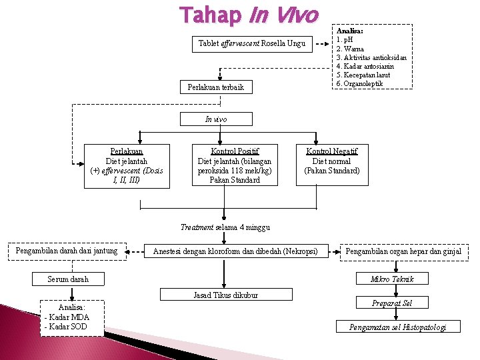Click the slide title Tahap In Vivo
[x=249, y=15]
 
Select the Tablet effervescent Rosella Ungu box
[x=252, y=44]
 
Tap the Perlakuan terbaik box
[x=216, y=87]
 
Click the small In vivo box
[x=216, y=119]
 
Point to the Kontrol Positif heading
[x=235, y=151]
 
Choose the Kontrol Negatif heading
[x=331, y=151]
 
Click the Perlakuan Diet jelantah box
[x=127, y=165]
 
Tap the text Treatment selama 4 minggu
[x=225, y=227]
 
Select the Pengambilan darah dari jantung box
[x=67, y=251]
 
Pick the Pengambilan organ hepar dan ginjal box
[x=403, y=251]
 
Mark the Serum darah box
[x=68, y=279]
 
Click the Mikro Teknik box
[x=392, y=279]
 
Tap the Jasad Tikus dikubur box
[x=225, y=295]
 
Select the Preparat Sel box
[x=392, y=303]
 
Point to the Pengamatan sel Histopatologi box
[x=397, y=327]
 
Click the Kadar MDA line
[x=67, y=317]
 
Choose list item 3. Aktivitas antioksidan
[x=371, y=58]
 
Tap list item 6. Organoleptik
[x=360, y=83]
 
